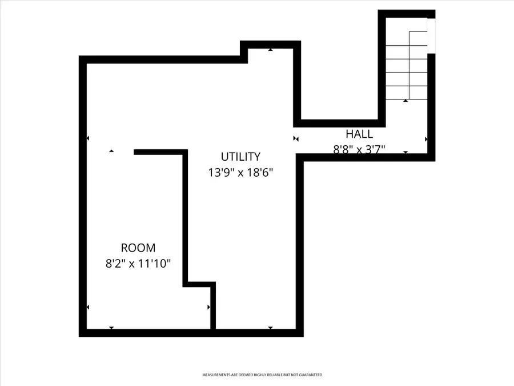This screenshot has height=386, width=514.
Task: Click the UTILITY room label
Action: [x=240, y=156]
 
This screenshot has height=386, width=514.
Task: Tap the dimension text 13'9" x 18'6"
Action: [x=240, y=172]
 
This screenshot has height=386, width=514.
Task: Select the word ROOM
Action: [x=138, y=248]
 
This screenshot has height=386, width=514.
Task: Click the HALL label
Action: [x=359, y=134]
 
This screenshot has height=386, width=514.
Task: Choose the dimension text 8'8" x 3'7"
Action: [x=359, y=150]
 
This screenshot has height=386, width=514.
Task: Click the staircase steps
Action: [x=407, y=66]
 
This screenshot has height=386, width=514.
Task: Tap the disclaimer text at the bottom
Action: [x=262, y=375]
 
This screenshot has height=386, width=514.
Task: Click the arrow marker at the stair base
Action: [x=405, y=101]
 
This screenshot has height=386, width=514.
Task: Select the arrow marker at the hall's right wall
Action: [x=426, y=139]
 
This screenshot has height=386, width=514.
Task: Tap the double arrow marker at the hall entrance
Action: [x=296, y=138]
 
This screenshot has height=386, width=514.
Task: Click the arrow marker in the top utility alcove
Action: [x=270, y=50]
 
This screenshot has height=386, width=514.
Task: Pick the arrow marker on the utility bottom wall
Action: [x=270, y=328]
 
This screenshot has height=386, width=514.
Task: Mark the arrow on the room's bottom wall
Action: [x=111, y=328]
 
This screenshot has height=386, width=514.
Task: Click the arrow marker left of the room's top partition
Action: [x=111, y=151]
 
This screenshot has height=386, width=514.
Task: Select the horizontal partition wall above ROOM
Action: [x=160, y=152]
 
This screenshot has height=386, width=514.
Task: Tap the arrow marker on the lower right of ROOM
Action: [x=208, y=308]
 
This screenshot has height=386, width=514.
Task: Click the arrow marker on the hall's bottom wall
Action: [x=405, y=152]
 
